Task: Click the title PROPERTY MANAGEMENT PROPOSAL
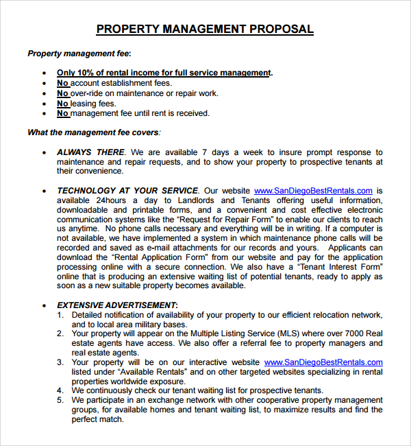click(x=205, y=29)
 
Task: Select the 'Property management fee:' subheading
click(x=79, y=53)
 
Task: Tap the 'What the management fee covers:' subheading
click(x=94, y=132)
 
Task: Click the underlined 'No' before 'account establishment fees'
click(x=63, y=83)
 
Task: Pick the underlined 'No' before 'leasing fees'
click(x=63, y=104)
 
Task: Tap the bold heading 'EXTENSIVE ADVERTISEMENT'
click(x=116, y=305)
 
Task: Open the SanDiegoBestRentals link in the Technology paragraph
click(x=313, y=191)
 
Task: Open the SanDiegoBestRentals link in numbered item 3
click(x=323, y=362)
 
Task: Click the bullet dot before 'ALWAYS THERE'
click(x=45, y=153)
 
